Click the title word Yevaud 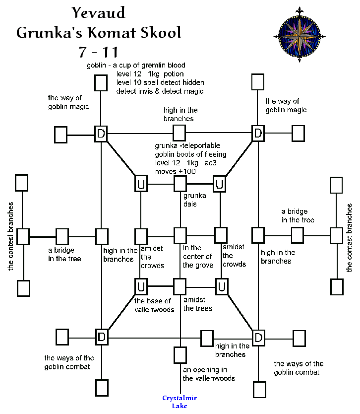(99, 12)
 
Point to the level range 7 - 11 (99, 52)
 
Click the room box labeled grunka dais (180, 184)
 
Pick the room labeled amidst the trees (180, 286)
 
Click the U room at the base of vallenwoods (141, 286)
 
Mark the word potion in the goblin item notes (173, 74)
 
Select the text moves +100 (176, 171)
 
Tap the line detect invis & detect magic (160, 91)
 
